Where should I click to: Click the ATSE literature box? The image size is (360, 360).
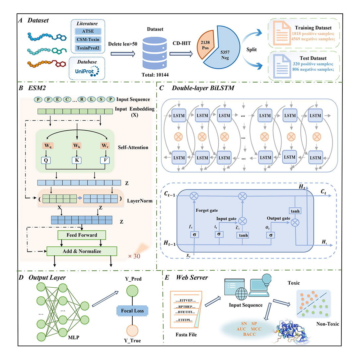pos(88,32)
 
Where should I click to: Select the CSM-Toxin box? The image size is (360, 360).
pos(88,39)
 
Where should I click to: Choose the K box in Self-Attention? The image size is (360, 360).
pos(77,161)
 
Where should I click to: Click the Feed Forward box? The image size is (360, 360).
pos(82,235)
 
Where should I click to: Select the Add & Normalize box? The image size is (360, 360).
pos(82,251)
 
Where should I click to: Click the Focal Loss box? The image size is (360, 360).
pos(132,311)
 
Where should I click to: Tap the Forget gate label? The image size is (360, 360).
pos(206,210)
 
